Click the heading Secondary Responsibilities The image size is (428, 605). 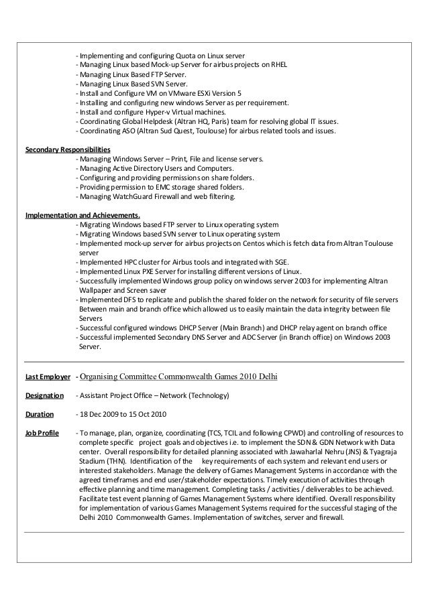(68, 149)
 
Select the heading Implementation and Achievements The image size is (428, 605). (83, 215)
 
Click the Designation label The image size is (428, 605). (44, 395)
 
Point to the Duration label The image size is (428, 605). (40, 414)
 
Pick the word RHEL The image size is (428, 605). (278, 65)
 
